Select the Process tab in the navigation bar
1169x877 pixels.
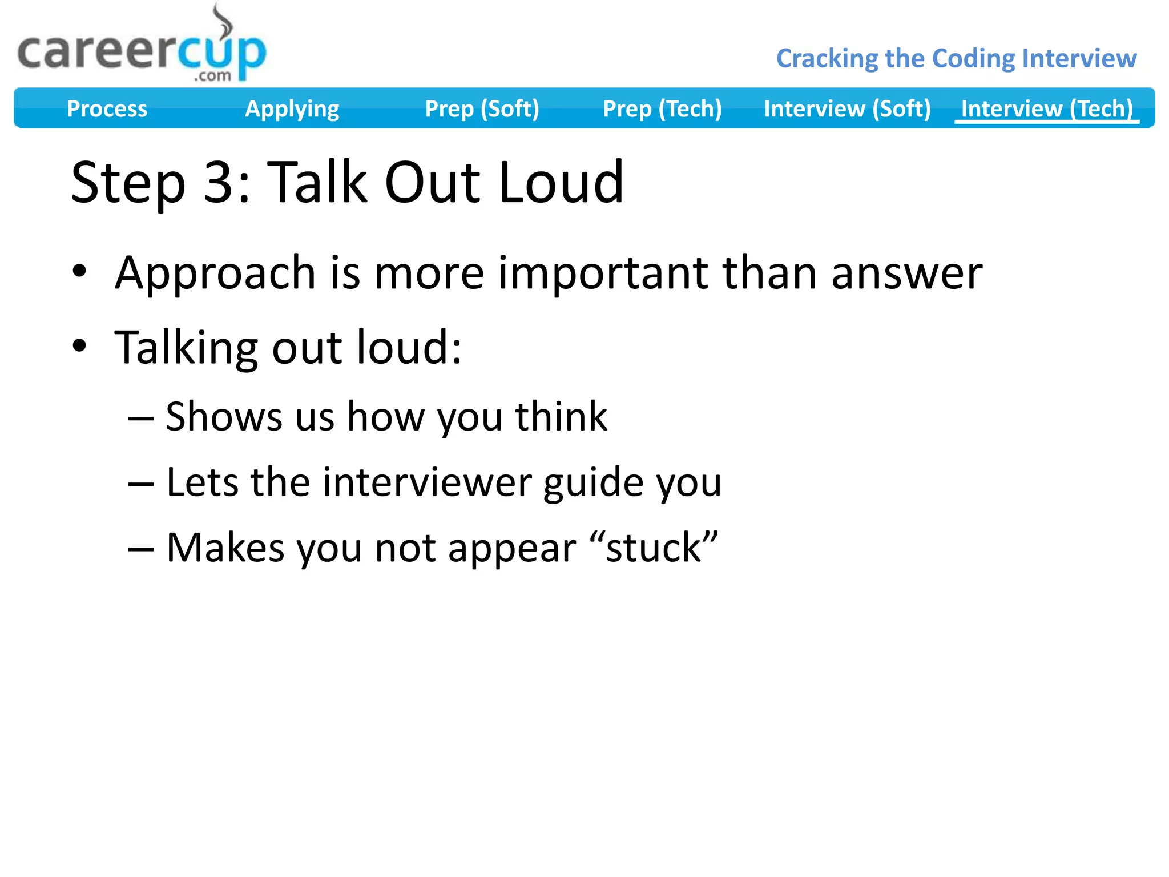point(107,108)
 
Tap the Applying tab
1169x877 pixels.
point(292,108)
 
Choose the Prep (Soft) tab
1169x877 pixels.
point(482,108)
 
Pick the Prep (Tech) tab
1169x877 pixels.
point(662,108)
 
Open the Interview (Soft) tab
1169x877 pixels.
point(847,108)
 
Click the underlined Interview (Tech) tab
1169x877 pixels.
point(1047,108)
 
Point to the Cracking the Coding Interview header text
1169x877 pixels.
point(956,58)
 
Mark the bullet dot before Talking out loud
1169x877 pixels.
point(79,345)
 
